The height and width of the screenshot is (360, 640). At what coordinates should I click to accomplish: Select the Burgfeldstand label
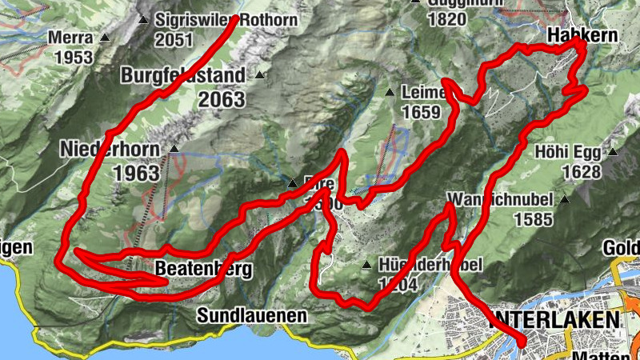[186, 76]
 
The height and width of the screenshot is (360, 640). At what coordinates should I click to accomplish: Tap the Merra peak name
[70, 38]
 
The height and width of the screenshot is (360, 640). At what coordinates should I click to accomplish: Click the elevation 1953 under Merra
[74, 58]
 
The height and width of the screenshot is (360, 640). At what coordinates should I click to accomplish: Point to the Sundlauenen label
[252, 315]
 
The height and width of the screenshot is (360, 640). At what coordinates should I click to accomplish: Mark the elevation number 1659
[422, 113]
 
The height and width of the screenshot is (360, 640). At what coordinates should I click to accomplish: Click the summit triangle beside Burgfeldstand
[259, 76]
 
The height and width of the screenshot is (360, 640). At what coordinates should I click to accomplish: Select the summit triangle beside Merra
[104, 38]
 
